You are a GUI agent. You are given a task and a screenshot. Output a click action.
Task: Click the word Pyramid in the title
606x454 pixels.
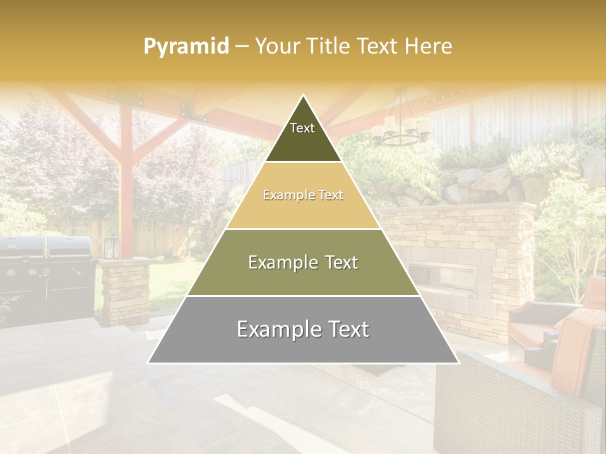186,47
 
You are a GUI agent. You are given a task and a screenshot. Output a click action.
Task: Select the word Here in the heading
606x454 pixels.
429,46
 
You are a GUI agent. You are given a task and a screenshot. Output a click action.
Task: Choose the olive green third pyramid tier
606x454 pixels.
303,262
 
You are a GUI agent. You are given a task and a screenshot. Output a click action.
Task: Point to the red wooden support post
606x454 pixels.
126,183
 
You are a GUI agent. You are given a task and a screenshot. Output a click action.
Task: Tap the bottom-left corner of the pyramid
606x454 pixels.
148,363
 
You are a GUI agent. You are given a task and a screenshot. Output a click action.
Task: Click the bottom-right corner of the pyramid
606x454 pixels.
458,363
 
